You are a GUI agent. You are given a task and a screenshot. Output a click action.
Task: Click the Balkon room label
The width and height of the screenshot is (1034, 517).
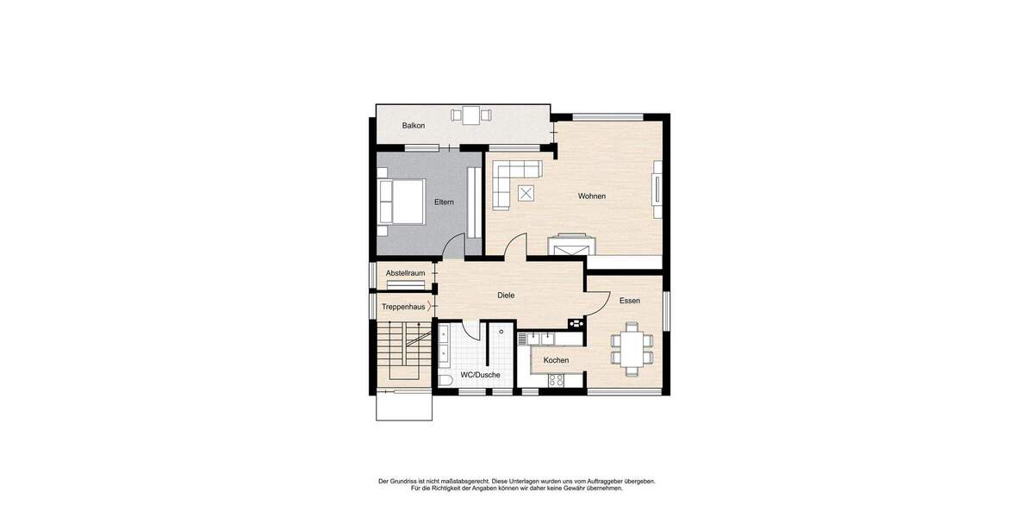414,126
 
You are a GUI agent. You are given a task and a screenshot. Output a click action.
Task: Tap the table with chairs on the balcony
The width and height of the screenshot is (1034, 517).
470,115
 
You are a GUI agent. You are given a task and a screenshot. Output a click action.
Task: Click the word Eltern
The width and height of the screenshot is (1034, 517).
444,202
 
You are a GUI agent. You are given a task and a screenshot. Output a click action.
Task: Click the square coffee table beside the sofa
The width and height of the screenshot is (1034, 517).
524,193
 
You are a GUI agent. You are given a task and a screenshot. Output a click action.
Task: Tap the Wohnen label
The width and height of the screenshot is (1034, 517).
591,196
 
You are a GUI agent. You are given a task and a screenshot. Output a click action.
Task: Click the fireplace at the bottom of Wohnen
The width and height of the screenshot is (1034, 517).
570,246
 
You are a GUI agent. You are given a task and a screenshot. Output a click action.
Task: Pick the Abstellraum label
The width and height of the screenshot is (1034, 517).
405,273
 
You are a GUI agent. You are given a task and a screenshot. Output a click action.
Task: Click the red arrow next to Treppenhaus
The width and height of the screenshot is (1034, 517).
429,305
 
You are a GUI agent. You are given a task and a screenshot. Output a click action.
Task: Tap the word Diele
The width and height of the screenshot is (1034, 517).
506,296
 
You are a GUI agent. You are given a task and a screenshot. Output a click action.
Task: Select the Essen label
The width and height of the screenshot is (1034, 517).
629,301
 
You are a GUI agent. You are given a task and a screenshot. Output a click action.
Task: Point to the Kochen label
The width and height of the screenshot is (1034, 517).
556,360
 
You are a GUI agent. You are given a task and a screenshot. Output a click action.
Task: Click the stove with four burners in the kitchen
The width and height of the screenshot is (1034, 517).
556,379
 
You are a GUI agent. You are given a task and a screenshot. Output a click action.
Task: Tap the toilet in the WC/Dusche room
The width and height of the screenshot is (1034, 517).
445,380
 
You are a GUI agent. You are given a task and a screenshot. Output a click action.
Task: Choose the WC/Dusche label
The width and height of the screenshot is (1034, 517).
480,375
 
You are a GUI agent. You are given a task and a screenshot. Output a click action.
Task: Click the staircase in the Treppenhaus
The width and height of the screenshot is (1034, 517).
402,353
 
